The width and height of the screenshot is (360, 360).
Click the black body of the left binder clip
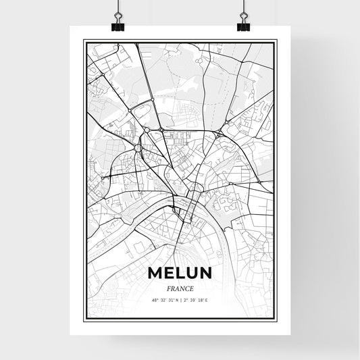117,28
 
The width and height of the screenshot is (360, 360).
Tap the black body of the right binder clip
243,28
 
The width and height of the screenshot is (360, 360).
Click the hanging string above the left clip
117,5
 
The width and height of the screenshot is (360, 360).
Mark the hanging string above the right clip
243,5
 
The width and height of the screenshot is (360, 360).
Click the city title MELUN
180,272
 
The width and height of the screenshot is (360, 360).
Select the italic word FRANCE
180,288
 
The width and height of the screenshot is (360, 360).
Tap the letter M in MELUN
155,272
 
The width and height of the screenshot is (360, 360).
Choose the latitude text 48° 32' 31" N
165,300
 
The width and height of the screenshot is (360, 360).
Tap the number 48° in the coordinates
155,300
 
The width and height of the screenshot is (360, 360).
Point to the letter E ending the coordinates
207,300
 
